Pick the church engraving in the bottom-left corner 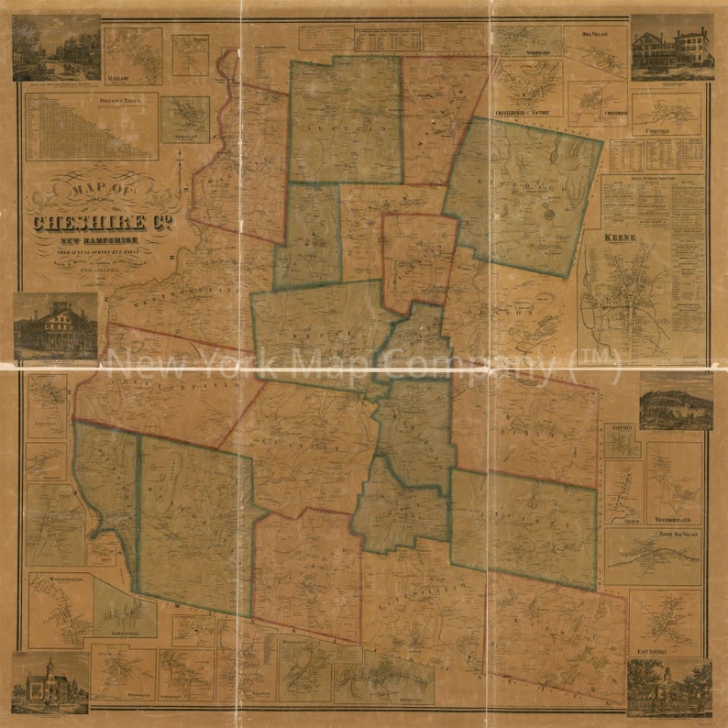tap(50, 683)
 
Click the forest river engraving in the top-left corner tap(56, 48)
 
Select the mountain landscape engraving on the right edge tap(676, 401)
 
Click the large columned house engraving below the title tap(56, 325)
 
